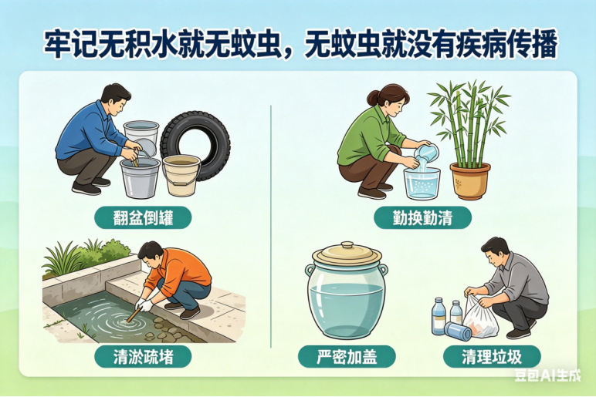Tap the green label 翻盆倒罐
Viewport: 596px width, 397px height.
[143, 218]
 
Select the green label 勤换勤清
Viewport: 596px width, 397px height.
[422, 218]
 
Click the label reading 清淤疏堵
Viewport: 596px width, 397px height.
[143, 357]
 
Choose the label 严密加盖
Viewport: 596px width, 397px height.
[347, 357]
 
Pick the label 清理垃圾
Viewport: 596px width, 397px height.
[492, 357]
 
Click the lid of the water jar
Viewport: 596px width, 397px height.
[347, 252]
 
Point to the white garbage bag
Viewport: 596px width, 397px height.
[480, 317]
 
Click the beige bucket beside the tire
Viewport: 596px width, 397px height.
[181, 175]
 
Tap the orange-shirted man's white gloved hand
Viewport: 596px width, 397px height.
[144, 304]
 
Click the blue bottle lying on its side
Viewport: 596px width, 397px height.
[458, 331]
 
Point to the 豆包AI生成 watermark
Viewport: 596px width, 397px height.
[547, 375]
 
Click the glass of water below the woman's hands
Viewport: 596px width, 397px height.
[422, 183]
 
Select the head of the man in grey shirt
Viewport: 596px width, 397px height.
[496, 251]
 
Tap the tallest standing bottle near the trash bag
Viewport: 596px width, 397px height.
[439, 317]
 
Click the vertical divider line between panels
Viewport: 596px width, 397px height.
[271, 226]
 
